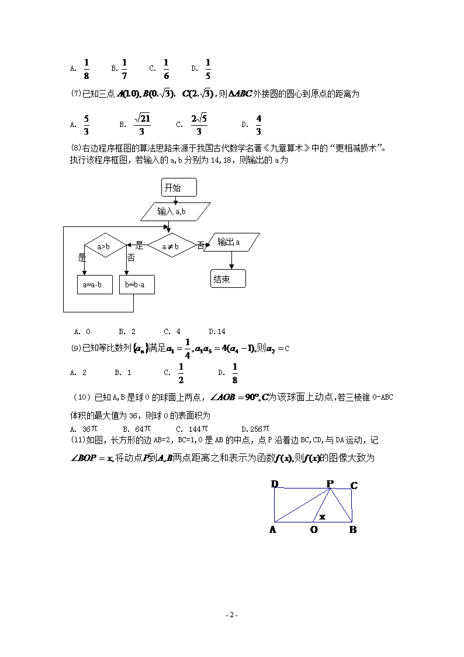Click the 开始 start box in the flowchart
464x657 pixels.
(179, 188)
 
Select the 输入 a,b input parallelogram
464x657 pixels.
(175, 212)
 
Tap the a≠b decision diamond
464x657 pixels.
(171, 246)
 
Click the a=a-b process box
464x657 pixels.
(94, 285)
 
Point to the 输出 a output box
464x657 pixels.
(232, 242)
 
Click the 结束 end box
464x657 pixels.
(228, 279)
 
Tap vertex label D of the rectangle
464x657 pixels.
(275, 484)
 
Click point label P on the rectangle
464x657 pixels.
(330, 484)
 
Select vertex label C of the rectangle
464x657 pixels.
(354, 486)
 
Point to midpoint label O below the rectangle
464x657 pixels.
(314, 529)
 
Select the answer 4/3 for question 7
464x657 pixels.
(258, 124)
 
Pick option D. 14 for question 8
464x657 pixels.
(217, 332)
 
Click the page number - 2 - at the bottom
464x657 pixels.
(232, 615)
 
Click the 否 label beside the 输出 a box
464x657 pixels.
(200, 246)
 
